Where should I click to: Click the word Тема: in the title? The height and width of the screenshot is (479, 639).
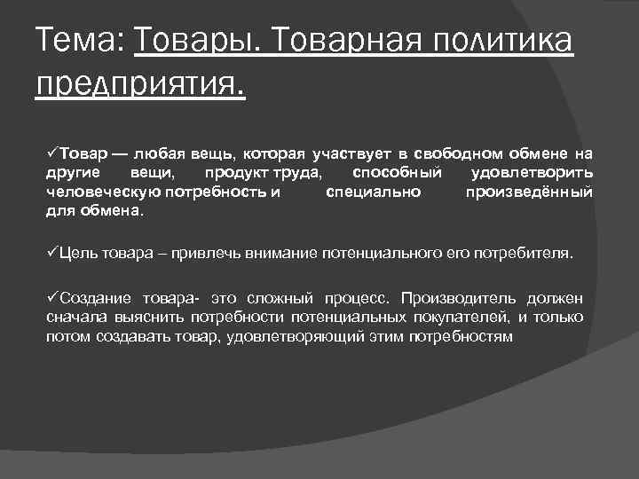[x=78, y=42]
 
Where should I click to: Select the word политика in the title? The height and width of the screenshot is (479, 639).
[x=506, y=42]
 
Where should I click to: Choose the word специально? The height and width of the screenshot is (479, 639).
[x=374, y=192]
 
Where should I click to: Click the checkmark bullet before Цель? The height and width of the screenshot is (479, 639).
[x=51, y=252]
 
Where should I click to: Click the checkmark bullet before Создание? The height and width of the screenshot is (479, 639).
[x=51, y=296]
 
